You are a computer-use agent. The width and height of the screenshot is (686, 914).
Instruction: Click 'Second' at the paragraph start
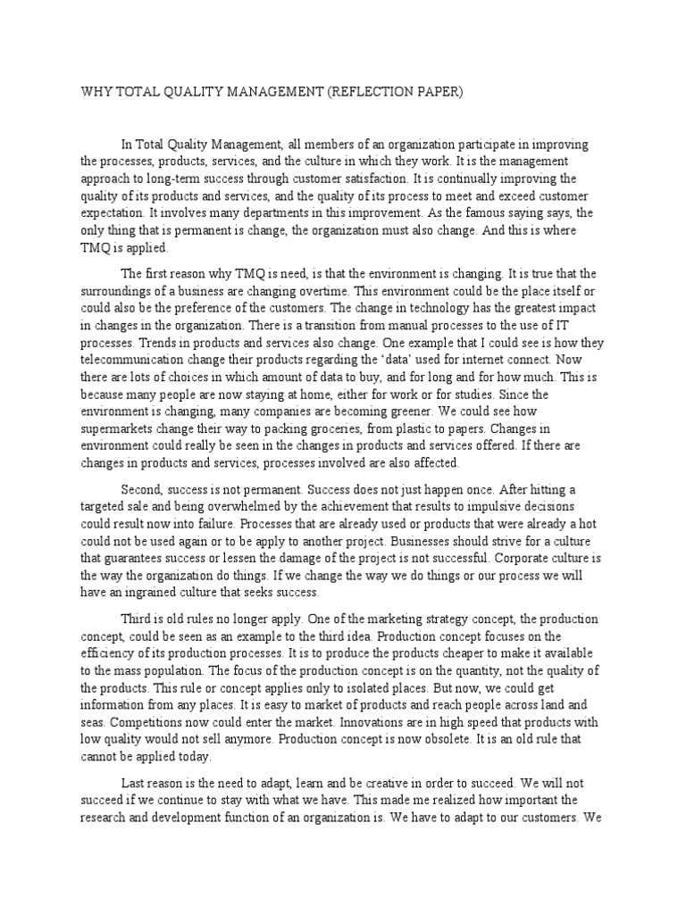click(140, 490)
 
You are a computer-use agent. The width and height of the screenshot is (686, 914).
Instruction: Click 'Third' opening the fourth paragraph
click(137, 619)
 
